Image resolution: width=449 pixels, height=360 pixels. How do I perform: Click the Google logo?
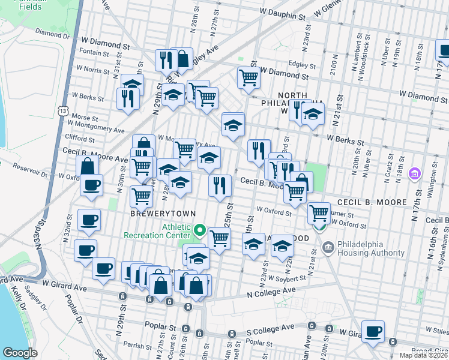coord(20,353)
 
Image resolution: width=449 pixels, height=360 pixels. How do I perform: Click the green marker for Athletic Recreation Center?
coord(200,230)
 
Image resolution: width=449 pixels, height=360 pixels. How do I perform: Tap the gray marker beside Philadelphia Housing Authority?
coord(328,246)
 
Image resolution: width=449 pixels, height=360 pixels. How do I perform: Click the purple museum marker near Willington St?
coord(414,173)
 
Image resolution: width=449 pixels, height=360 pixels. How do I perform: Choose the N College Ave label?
coord(272,291)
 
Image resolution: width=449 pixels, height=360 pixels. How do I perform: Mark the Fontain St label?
coord(94,53)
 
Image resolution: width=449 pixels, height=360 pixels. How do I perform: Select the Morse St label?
coord(80,116)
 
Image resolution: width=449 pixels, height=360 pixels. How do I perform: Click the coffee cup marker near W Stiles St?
coord(373,332)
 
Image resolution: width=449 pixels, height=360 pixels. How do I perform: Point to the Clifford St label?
coord(75,137)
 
